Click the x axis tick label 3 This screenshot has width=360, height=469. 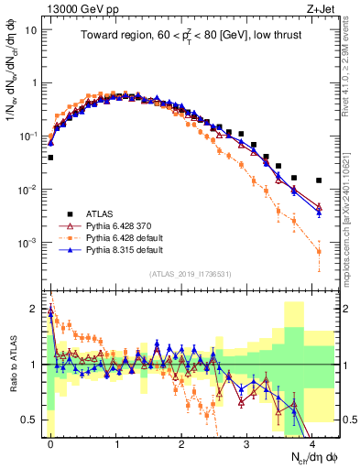tap(247, 442)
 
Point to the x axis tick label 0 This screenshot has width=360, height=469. tap(50, 442)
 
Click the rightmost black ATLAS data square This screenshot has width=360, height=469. tap(319, 180)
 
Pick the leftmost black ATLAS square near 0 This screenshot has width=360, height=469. tap(50, 158)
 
